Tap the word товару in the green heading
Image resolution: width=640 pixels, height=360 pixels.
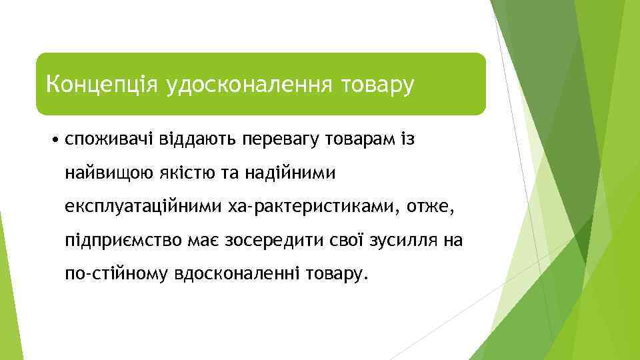(377, 85)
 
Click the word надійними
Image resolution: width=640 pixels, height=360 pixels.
(296, 174)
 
